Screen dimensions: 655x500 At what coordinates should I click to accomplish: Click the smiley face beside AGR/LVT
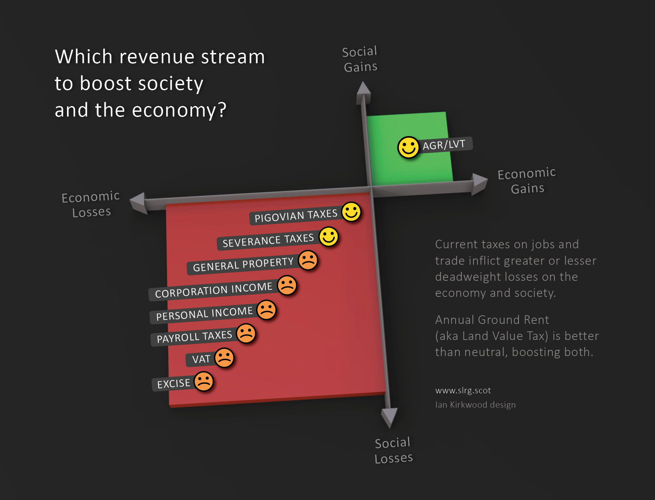[408, 147]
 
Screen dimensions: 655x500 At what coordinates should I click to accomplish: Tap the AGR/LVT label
[444, 145]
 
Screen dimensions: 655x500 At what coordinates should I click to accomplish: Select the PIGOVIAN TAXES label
[296, 215]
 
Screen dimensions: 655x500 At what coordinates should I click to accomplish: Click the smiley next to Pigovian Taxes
[351, 212]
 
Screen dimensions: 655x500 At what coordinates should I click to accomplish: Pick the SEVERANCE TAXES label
[268, 240]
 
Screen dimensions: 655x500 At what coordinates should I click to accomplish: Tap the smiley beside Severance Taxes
[329, 237]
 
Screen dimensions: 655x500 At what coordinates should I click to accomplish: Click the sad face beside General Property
[308, 260]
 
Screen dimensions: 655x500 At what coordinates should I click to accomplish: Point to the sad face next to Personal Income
[266, 310]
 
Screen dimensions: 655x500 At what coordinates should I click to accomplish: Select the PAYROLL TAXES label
[194, 337]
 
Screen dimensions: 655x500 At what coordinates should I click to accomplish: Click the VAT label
[201, 359]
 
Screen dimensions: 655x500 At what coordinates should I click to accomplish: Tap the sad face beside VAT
[224, 358]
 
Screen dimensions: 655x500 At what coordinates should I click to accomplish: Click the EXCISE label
[173, 383]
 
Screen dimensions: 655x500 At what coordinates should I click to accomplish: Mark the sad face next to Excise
[204, 381]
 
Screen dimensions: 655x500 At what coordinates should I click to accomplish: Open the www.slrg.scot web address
[463, 390]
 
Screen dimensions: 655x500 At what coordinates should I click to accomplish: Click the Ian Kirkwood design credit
[475, 405]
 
